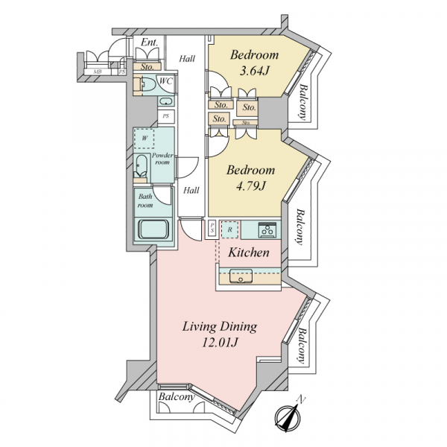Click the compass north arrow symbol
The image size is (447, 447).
[288, 418]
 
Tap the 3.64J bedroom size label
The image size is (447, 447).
[254, 71]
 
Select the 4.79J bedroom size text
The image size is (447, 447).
[251, 186]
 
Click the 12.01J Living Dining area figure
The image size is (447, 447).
[220, 342]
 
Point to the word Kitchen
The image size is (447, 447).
[249, 253]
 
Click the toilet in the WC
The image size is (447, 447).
[148, 85]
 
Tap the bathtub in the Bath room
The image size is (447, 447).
[153, 229]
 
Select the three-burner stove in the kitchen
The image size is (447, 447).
[267, 229]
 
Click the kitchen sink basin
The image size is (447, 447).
[241, 276]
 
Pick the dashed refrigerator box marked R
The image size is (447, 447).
[229, 229]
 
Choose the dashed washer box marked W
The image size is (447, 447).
[145, 139]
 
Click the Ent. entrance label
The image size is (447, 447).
[150, 42]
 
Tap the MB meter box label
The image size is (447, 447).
[98, 72]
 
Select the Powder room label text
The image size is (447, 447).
[162, 159]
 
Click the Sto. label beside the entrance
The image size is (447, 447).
[148, 67]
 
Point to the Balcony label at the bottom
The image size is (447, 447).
[177, 397]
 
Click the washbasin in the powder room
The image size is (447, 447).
[141, 166]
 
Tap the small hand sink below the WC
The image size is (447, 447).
[165, 101]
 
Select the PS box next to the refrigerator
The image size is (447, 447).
[212, 229]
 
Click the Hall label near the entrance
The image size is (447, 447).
[187, 59]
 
